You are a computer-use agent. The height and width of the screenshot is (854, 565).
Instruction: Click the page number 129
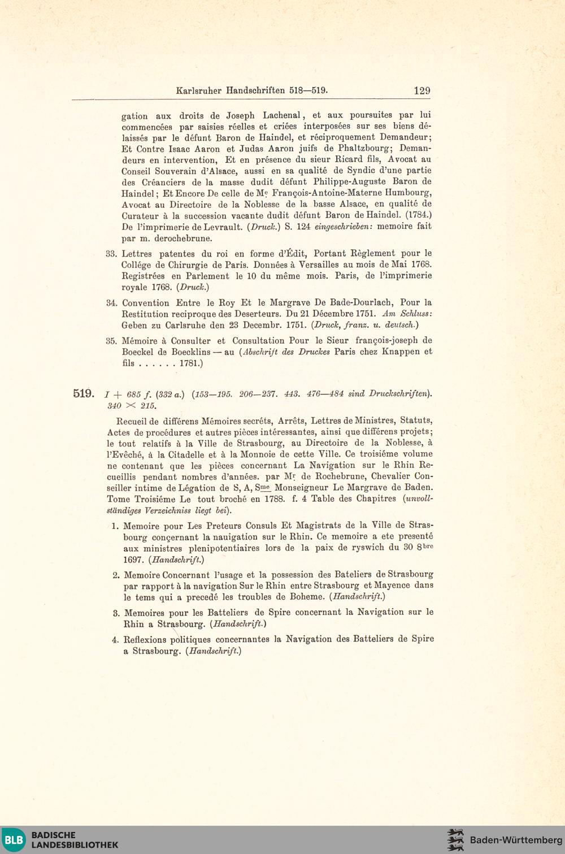pyautogui.click(x=421, y=90)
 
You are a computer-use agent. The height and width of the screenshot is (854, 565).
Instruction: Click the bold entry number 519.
pyautogui.click(x=83, y=393)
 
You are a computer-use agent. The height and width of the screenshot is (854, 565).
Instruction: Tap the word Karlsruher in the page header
pyautogui.click(x=199, y=90)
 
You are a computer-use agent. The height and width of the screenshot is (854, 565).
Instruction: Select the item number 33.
pyautogui.click(x=111, y=254)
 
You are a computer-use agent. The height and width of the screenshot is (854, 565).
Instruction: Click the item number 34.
pyautogui.click(x=111, y=303)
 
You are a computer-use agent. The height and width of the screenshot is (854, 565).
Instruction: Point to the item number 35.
pyautogui.click(x=111, y=341)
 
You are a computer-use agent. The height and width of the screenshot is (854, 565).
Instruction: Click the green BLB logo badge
pyautogui.click(x=14, y=839)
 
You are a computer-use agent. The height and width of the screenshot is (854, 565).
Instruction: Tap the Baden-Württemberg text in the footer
pyautogui.click(x=516, y=840)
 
